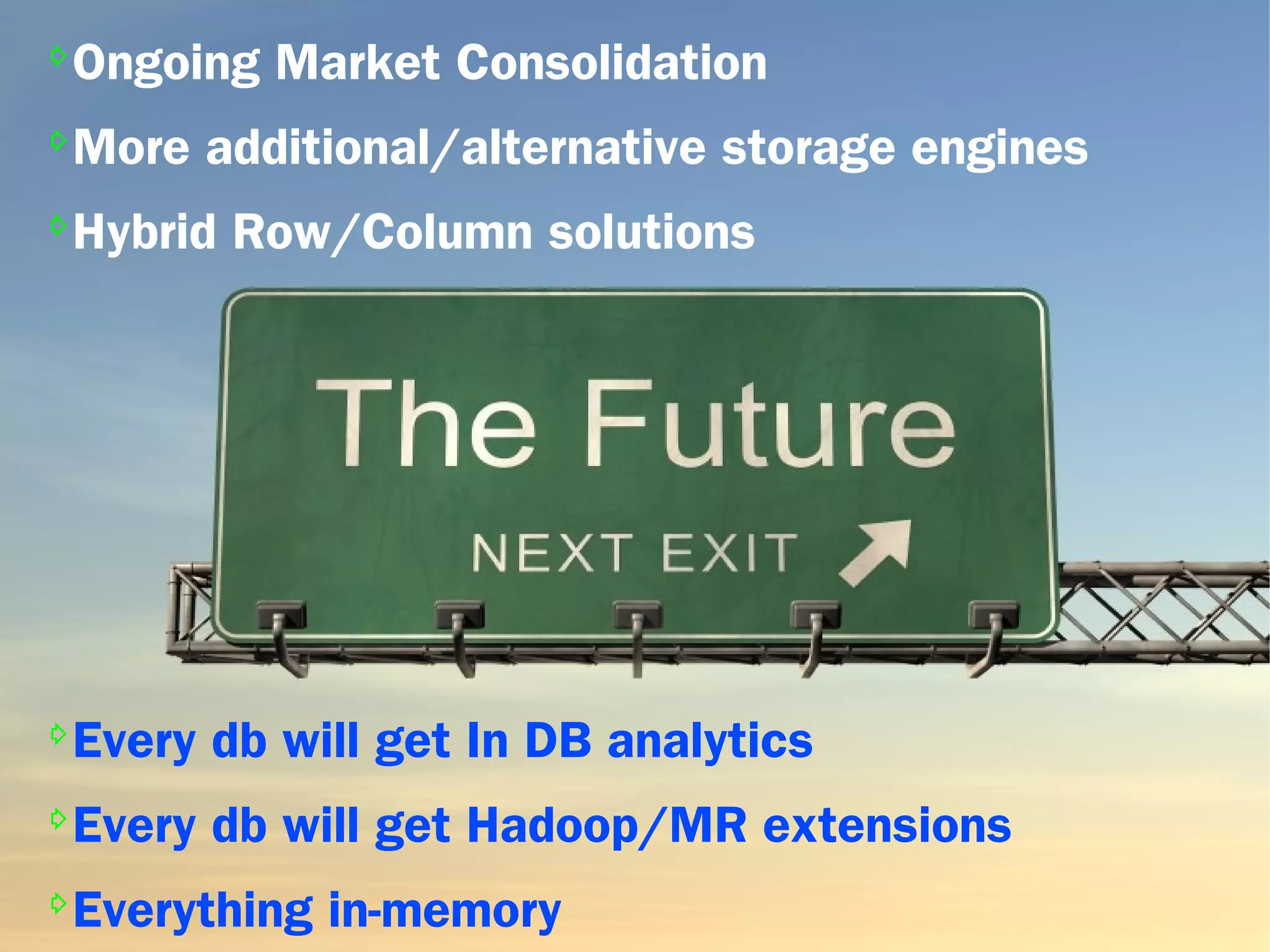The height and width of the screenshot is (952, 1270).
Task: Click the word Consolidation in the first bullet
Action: tap(611, 63)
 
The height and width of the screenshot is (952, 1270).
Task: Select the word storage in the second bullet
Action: tap(808, 149)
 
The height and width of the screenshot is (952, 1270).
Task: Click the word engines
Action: tap(999, 149)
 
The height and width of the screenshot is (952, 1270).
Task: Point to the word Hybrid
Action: tap(144, 233)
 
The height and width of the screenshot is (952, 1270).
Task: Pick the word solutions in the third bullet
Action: tap(651, 233)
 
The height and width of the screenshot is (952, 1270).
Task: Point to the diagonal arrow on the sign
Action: tap(876, 552)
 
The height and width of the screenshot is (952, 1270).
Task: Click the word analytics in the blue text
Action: tap(710, 741)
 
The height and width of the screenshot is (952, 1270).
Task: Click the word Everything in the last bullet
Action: tap(193, 910)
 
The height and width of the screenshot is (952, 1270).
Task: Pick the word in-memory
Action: tap(445, 910)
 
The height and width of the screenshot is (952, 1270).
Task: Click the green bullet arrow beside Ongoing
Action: tap(58, 56)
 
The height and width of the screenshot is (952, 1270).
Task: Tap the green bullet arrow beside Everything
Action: tap(58, 903)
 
